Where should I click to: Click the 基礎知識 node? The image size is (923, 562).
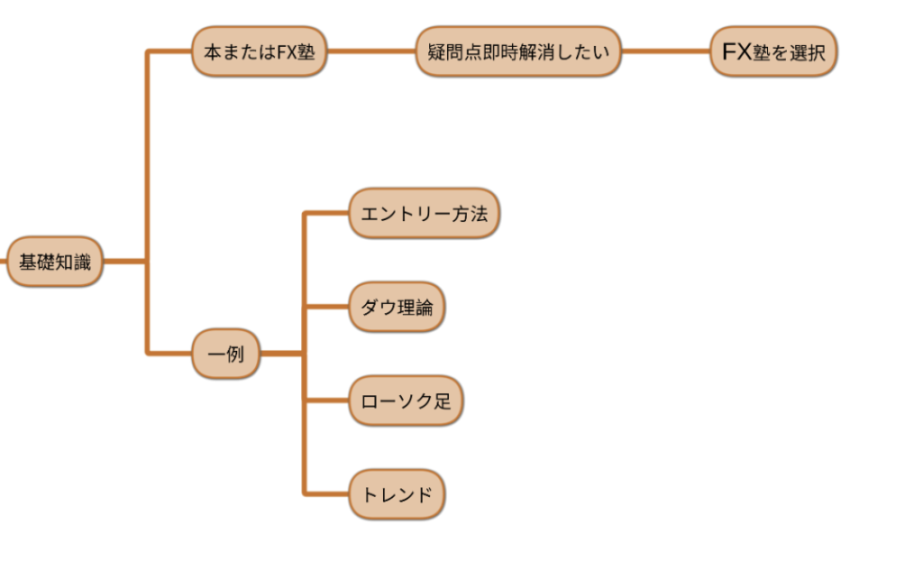click(x=55, y=263)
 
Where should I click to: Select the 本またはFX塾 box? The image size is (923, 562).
click(x=259, y=51)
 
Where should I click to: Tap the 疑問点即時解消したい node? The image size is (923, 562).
click(x=518, y=51)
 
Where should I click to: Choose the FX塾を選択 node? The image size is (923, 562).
click(x=773, y=51)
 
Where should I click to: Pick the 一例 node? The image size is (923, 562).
click(x=225, y=354)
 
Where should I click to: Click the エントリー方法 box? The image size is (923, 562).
click(x=424, y=214)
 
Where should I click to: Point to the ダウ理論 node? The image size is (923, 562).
click(x=397, y=308)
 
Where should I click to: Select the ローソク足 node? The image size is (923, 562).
click(x=406, y=401)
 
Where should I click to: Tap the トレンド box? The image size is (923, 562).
click(x=397, y=494)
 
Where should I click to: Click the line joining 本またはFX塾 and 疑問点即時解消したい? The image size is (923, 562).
click(x=370, y=51)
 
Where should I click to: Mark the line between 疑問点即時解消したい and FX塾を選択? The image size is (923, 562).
click(x=666, y=51)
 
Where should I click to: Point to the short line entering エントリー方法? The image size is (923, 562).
click(x=327, y=214)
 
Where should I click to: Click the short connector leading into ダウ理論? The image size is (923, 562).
click(x=327, y=308)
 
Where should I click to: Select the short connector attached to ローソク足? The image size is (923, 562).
click(x=327, y=401)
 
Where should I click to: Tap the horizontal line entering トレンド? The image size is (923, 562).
click(x=327, y=494)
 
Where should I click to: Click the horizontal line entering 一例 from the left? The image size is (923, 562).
click(x=169, y=354)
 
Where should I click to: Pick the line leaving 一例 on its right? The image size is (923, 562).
click(x=281, y=354)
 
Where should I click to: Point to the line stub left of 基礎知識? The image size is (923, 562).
click(x=4, y=263)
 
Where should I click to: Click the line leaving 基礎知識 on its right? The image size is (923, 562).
click(x=124, y=263)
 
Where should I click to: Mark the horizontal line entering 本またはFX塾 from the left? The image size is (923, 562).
click(x=169, y=51)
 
